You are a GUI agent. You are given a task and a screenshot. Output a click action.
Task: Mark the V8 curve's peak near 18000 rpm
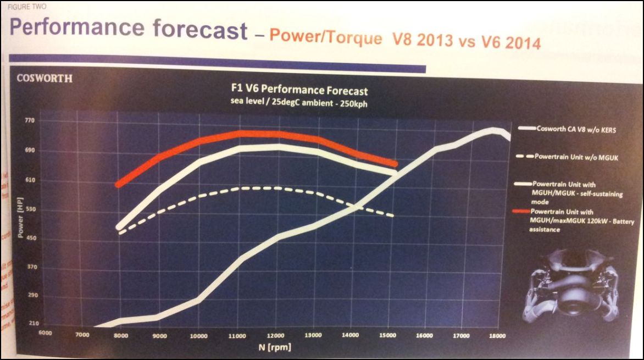493,130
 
